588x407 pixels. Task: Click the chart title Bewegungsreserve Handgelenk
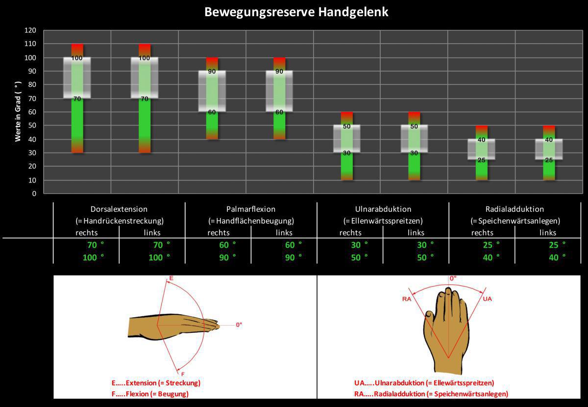pyautogui.click(x=296, y=12)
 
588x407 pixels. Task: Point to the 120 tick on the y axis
pyautogui.click(x=30, y=30)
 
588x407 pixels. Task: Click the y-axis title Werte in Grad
pyautogui.click(x=18, y=112)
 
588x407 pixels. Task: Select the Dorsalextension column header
pyautogui.click(x=119, y=209)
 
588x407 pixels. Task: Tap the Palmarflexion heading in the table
pyautogui.click(x=251, y=209)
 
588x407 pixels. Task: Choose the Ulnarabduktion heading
pyautogui.click(x=383, y=209)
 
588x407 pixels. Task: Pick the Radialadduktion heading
pyautogui.click(x=514, y=209)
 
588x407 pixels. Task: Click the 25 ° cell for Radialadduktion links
pyautogui.click(x=557, y=244)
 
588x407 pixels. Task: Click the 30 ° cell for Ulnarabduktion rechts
pyautogui.click(x=359, y=244)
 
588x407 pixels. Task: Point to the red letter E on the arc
pyautogui.click(x=171, y=279)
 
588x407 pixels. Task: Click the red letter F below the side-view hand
pyautogui.click(x=183, y=374)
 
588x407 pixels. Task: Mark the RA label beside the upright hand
pyautogui.click(x=406, y=298)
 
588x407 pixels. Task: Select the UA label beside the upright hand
pyautogui.click(x=487, y=299)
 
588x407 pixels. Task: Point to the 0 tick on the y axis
pyautogui.click(x=34, y=194)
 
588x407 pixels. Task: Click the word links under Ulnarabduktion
pyautogui.click(x=416, y=232)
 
